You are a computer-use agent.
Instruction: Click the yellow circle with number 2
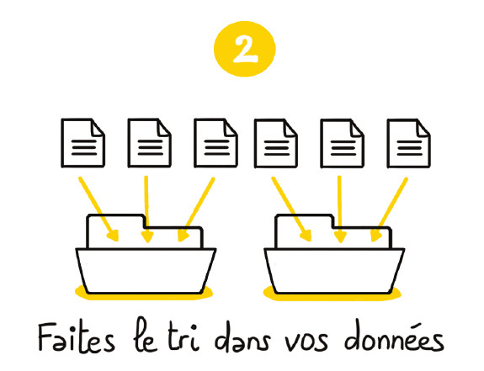click(x=244, y=49)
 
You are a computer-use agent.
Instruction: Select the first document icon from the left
click(x=83, y=143)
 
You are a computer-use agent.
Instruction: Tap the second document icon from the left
click(x=149, y=143)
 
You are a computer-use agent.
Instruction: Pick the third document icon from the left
click(x=215, y=143)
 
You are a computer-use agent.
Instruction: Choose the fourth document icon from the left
click(x=276, y=143)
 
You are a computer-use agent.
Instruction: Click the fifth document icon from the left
click(x=343, y=143)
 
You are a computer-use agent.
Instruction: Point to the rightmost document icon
click(x=409, y=143)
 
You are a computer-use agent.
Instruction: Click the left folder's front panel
click(x=146, y=271)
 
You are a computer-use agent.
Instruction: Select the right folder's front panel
click(x=334, y=271)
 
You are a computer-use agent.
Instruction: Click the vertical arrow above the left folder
click(x=146, y=209)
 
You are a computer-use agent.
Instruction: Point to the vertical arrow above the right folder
click(x=339, y=209)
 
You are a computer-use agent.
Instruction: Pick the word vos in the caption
click(x=306, y=342)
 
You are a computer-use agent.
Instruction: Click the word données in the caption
click(x=394, y=337)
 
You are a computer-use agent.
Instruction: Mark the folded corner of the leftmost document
click(x=98, y=127)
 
